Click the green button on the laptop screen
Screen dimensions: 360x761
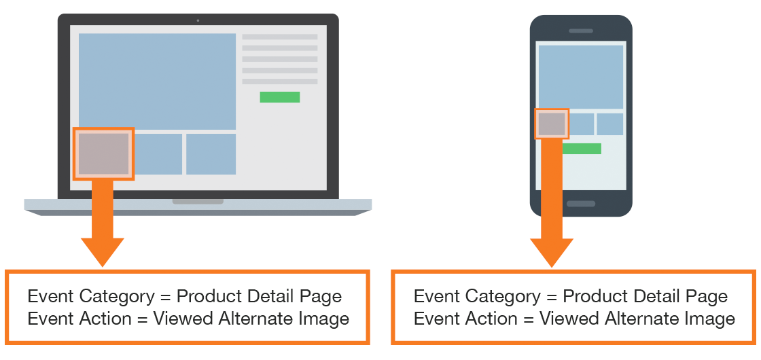(x=279, y=97)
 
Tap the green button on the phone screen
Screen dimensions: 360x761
(x=582, y=149)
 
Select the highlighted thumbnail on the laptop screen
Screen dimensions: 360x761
(x=103, y=154)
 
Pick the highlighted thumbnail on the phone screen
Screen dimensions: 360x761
(x=551, y=124)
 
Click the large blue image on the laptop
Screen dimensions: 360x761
(x=157, y=81)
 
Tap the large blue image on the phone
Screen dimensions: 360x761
(x=581, y=77)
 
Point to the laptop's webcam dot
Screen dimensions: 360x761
(x=198, y=20)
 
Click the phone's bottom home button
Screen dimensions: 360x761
(x=581, y=204)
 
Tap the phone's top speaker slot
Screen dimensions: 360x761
(x=581, y=31)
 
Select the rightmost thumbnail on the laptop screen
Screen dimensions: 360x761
(x=211, y=154)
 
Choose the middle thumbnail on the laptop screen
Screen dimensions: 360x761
(x=158, y=154)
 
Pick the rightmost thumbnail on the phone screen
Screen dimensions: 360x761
(x=609, y=124)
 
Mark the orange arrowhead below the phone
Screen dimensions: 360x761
(x=552, y=253)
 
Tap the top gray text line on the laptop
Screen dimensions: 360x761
(x=280, y=37)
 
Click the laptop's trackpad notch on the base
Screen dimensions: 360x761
(x=198, y=201)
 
